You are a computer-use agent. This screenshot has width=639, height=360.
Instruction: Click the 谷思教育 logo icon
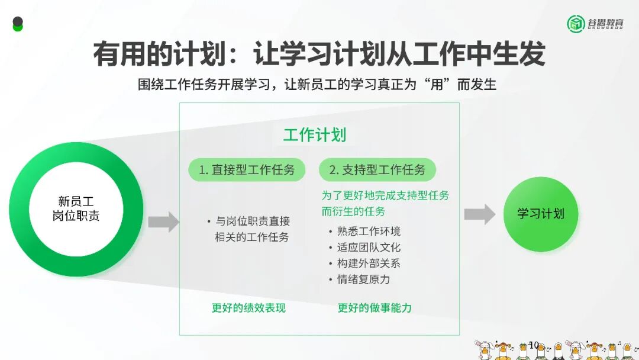[576, 24]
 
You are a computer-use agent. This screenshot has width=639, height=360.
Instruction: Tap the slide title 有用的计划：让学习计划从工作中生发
[319, 54]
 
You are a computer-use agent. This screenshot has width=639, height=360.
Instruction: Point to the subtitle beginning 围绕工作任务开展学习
[317, 85]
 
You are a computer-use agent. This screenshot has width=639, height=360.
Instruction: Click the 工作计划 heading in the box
[314, 135]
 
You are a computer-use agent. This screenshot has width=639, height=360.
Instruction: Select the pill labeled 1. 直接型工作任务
[247, 170]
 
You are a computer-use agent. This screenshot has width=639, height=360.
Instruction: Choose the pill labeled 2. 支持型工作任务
[377, 170]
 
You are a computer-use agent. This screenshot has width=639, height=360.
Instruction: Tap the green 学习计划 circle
[540, 214]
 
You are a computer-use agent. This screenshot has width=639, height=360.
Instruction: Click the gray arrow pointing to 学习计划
[479, 214]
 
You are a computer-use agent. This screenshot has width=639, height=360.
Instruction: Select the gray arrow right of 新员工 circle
[163, 221]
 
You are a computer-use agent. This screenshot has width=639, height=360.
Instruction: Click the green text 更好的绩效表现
[248, 308]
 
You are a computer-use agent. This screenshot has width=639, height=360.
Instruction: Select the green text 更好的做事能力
[375, 308]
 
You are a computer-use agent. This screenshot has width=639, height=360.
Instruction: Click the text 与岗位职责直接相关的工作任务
[252, 229]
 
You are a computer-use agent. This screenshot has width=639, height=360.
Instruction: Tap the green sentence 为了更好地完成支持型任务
[385, 195]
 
